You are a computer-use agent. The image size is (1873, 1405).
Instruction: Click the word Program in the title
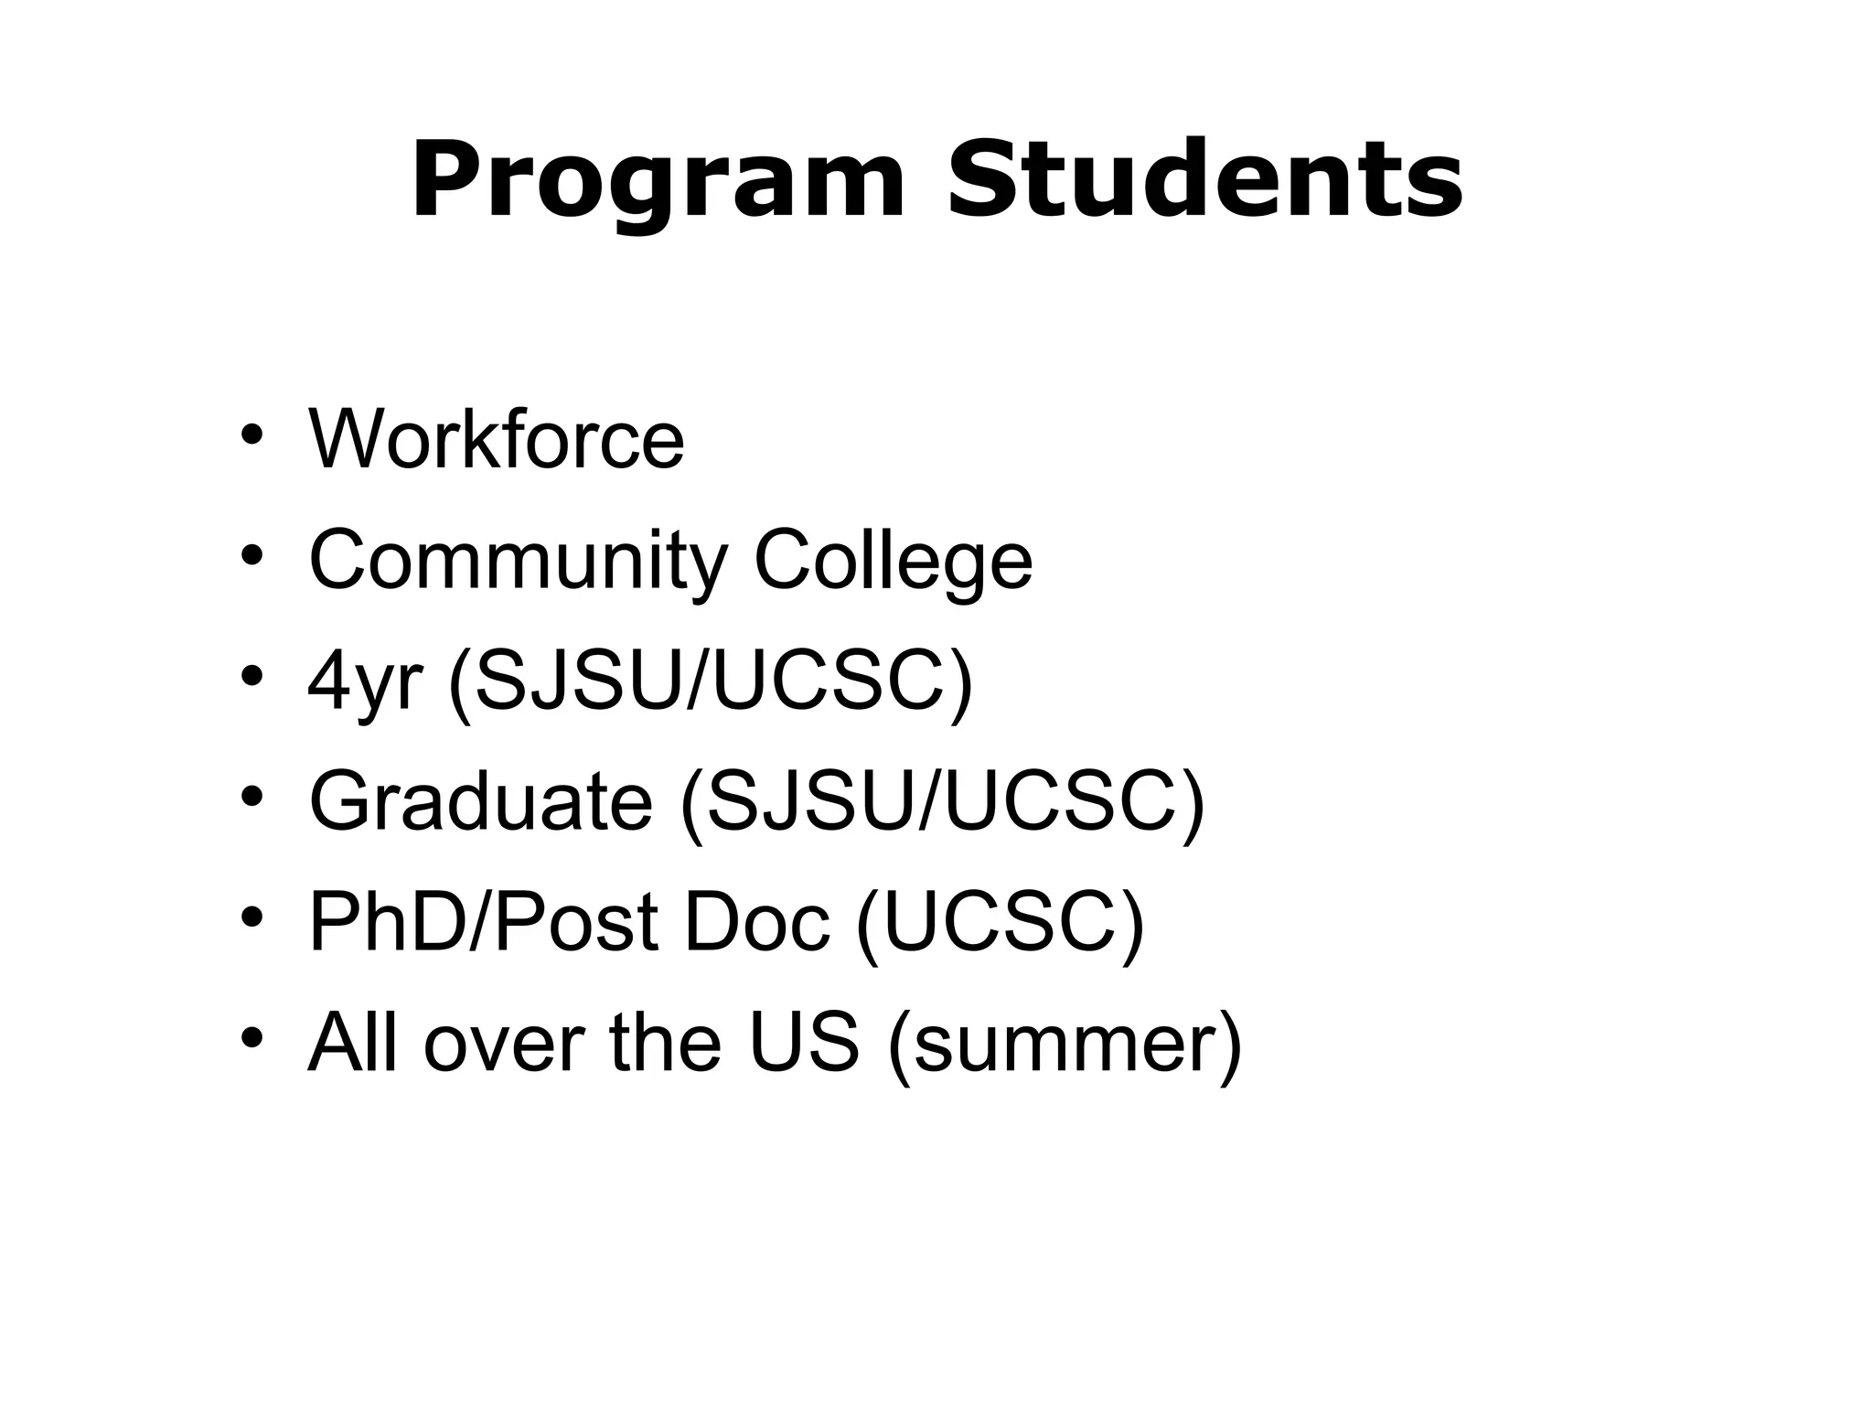click(658, 181)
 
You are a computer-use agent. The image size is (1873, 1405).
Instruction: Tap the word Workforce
click(497, 439)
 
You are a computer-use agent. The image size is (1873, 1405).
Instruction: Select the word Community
click(519, 562)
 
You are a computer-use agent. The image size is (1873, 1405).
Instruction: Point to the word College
click(893, 562)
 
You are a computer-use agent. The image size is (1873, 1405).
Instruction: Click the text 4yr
click(366, 682)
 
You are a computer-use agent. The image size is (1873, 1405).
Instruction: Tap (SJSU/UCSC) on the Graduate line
click(942, 802)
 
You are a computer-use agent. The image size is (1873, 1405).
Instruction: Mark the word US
click(804, 1042)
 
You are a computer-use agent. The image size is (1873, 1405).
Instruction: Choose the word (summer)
click(1065, 1044)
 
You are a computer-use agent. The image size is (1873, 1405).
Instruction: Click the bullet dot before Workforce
click(252, 435)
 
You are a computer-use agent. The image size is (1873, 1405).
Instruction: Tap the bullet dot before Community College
click(252, 555)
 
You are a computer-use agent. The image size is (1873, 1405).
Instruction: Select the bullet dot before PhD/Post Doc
click(252, 916)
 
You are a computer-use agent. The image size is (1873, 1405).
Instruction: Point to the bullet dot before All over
click(252, 1036)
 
